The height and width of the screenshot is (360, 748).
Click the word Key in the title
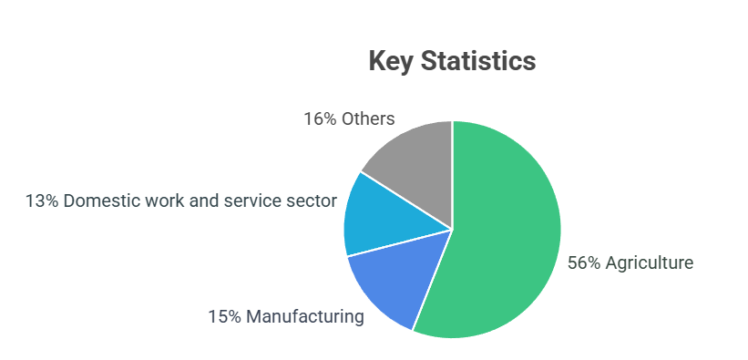coord(392,62)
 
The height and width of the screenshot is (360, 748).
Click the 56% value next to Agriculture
coord(584,263)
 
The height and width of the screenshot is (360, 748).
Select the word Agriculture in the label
coord(651,263)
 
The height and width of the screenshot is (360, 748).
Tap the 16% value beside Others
coord(320,119)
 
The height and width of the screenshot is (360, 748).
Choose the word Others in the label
coord(368,119)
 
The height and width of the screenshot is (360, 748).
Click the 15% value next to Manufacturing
coord(224,317)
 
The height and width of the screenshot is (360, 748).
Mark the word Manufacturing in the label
coord(305,317)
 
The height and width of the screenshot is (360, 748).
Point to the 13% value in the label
coord(42,201)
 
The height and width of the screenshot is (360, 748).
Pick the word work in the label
coord(164,201)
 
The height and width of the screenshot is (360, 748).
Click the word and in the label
coord(208,201)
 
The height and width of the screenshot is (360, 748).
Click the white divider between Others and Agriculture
coord(453,173)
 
